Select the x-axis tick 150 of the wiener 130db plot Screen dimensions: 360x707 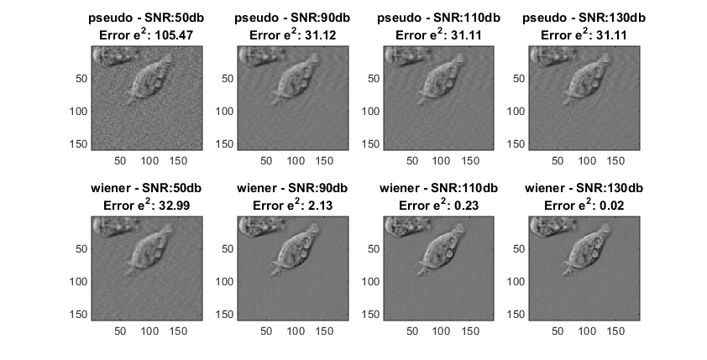pyautogui.click(x=616, y=331)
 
